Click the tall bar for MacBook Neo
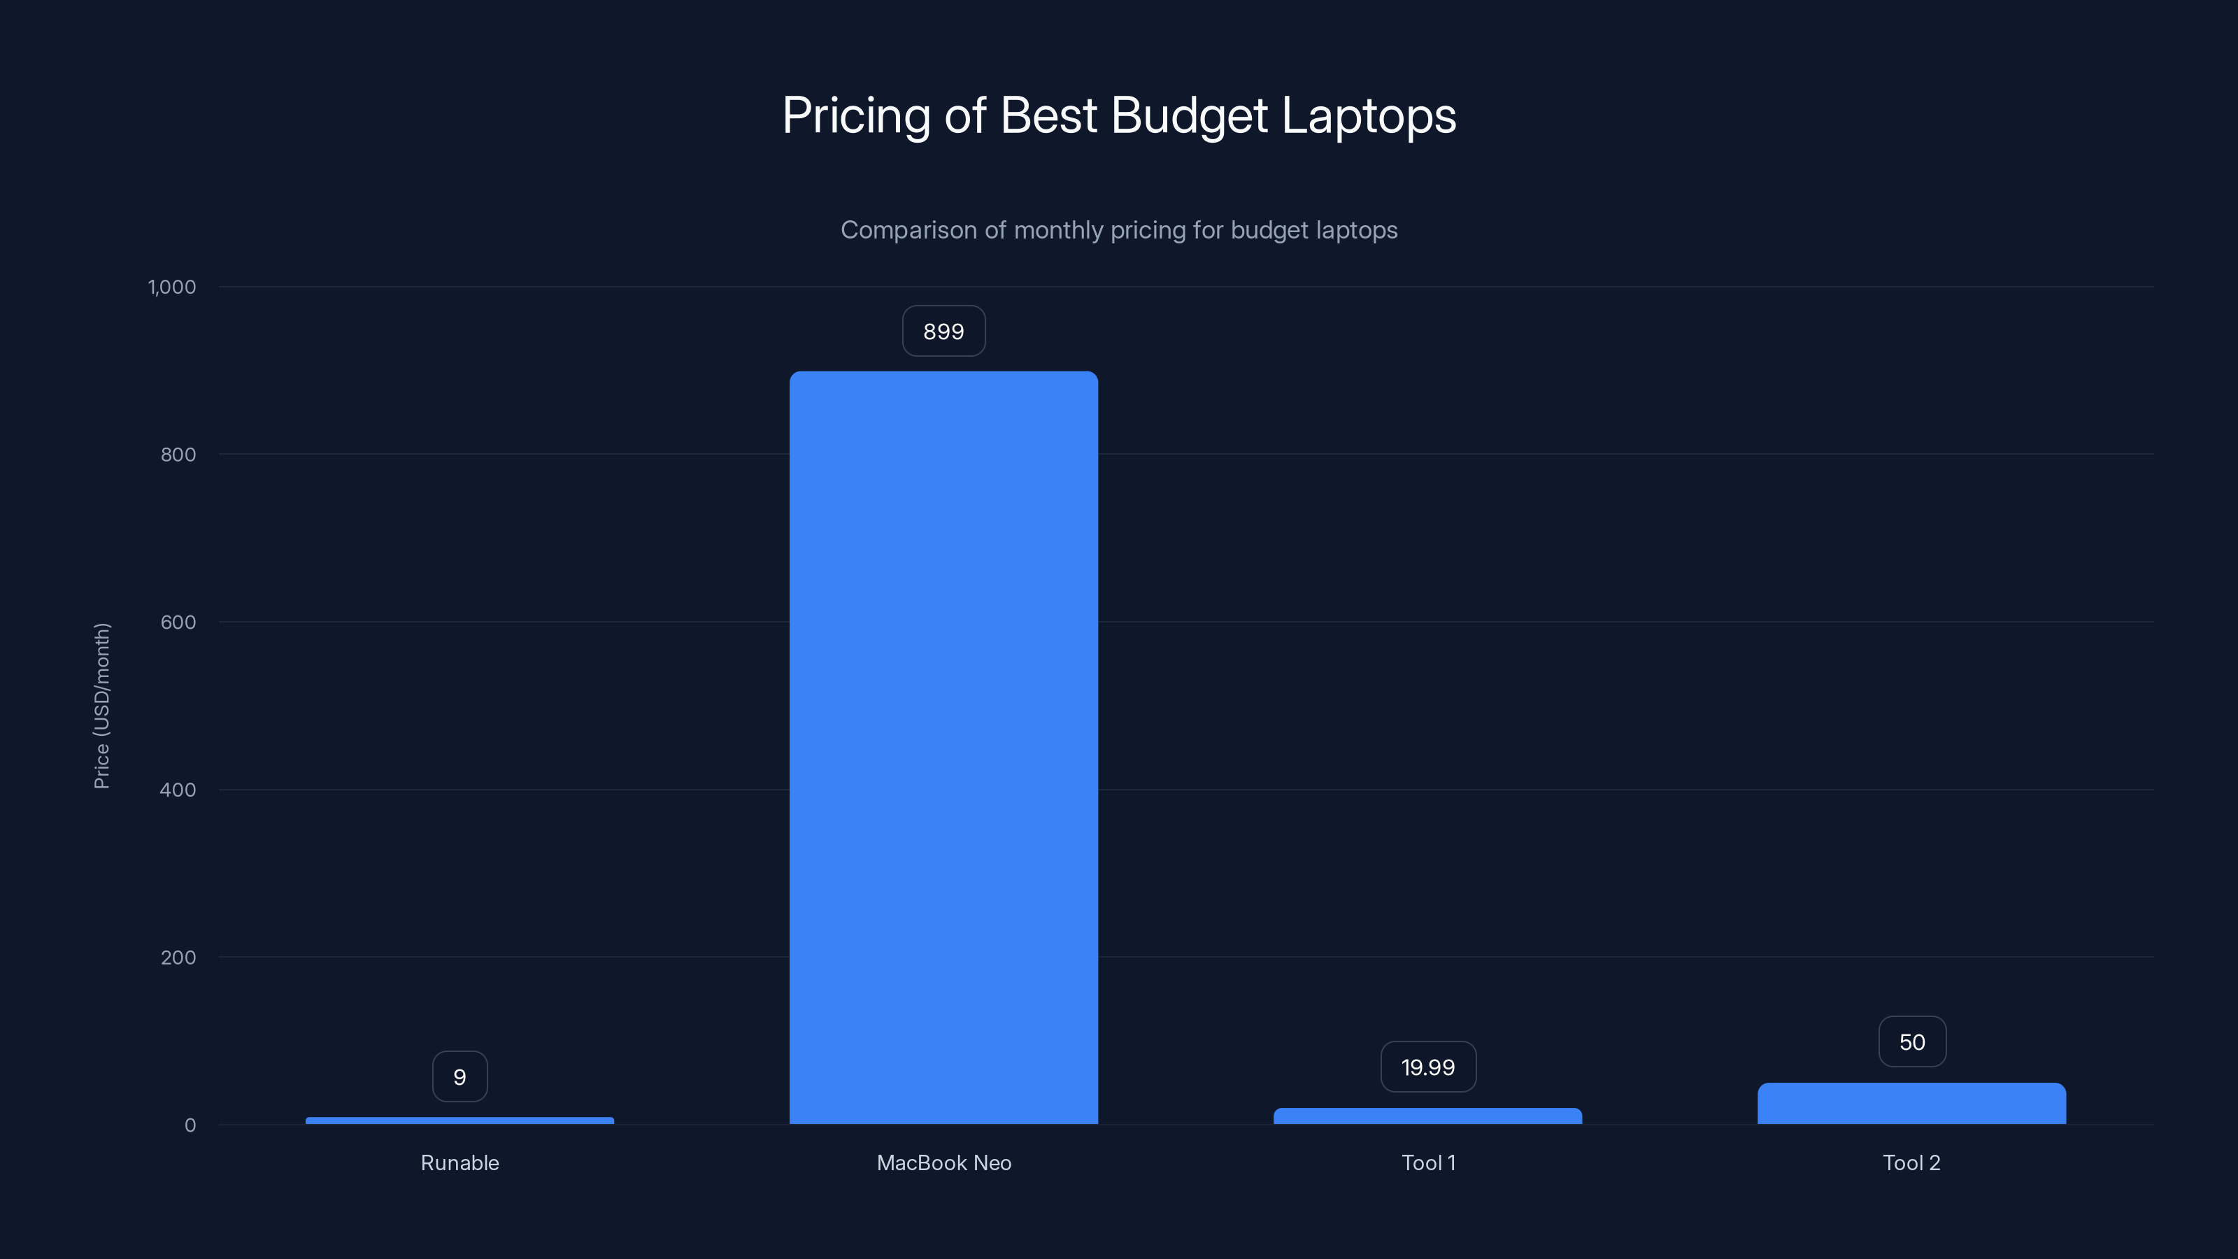click(943, 747)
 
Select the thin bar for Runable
click(459, 1120)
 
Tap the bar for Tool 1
click(1427, 1116)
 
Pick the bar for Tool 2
click(1911, 1104)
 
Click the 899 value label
click(943, 331)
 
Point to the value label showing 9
click(459, 1076)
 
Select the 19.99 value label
click(1427, 1067)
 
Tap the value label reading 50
click(1911, 1041)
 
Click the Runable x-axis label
click(459, 1162)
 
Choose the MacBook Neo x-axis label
click(943, 1162)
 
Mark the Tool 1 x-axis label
click(1427, 1162)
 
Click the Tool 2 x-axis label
click(1911, 1162)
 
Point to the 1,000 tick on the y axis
click(172, 287)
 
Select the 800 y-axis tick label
click(178, 455)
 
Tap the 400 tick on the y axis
click(178, 790)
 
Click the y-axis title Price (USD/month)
click(101, 706)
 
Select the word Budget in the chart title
click(1190, 115)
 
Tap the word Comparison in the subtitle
click(908, 230)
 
